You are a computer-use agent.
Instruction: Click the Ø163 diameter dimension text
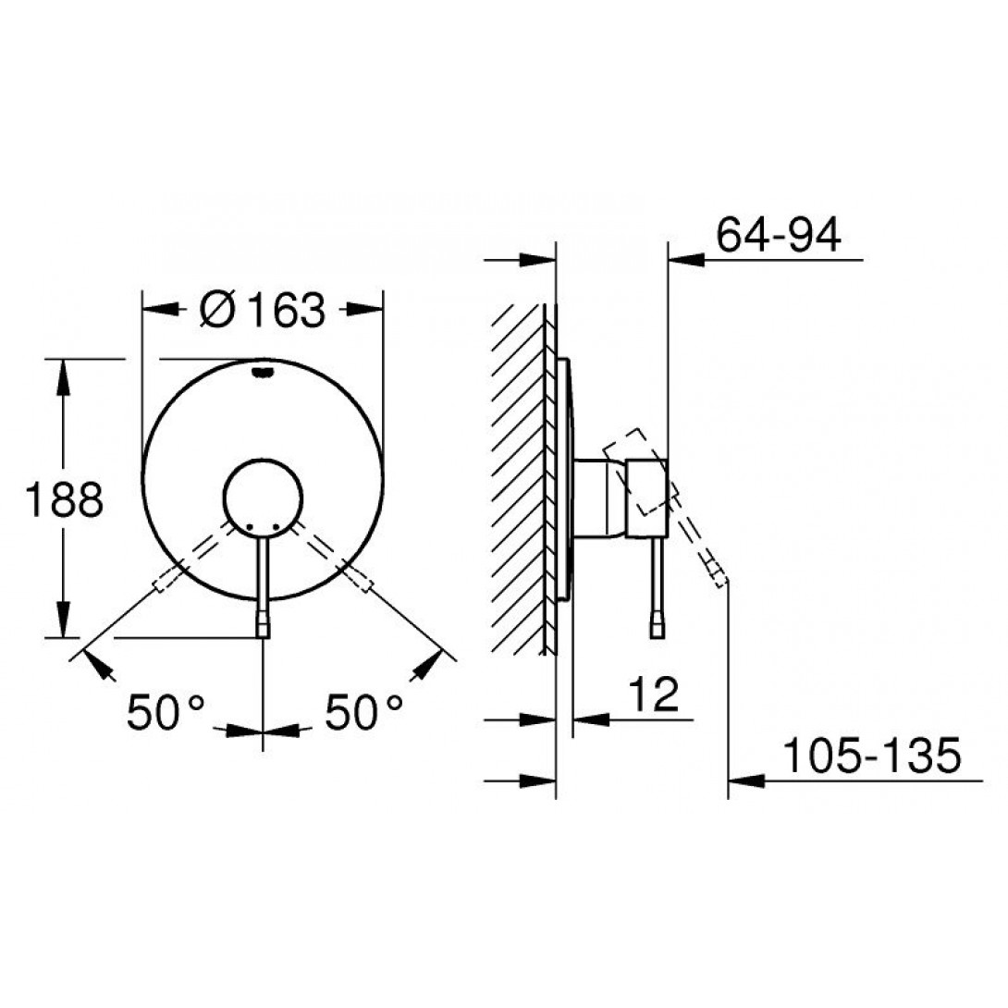(263, 310)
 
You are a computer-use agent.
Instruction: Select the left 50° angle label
(166, 712)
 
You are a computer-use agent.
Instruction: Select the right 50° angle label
(363, 712)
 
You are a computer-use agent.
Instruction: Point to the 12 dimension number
(653, 695)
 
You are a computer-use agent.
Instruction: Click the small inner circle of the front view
(263, 461)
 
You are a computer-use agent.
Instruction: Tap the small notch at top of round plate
(263, 372)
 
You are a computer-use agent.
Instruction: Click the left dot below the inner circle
(250, 527)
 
